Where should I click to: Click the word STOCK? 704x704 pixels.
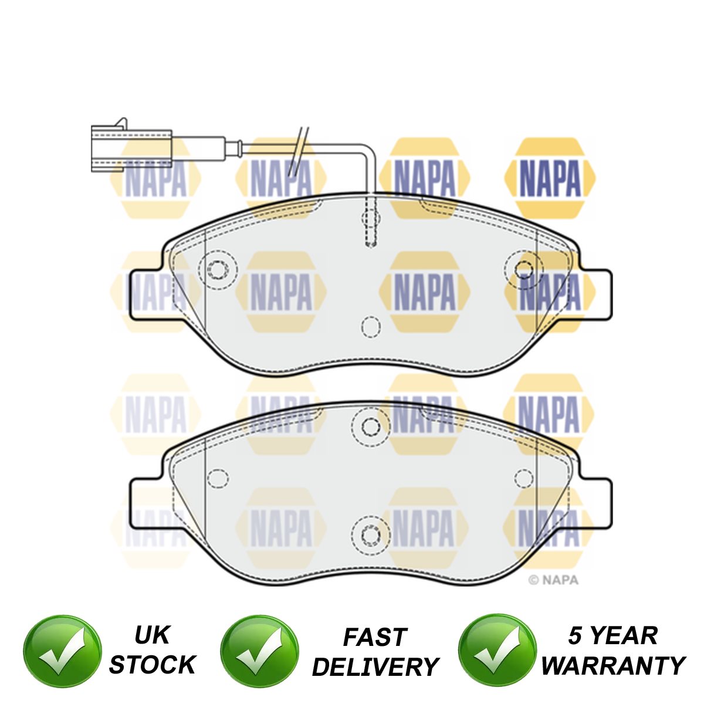click(152, 665)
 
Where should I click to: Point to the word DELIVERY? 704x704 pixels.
click(375, 666)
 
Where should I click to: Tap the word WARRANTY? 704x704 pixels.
click(612, 665)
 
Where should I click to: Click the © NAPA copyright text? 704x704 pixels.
click(553, 580)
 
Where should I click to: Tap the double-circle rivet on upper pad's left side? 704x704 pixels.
click(218, 270)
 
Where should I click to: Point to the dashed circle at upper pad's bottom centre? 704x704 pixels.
click(370, 327)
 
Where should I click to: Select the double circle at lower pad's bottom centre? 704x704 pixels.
click(370, 534)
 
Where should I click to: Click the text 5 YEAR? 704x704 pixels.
click(612, 635)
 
